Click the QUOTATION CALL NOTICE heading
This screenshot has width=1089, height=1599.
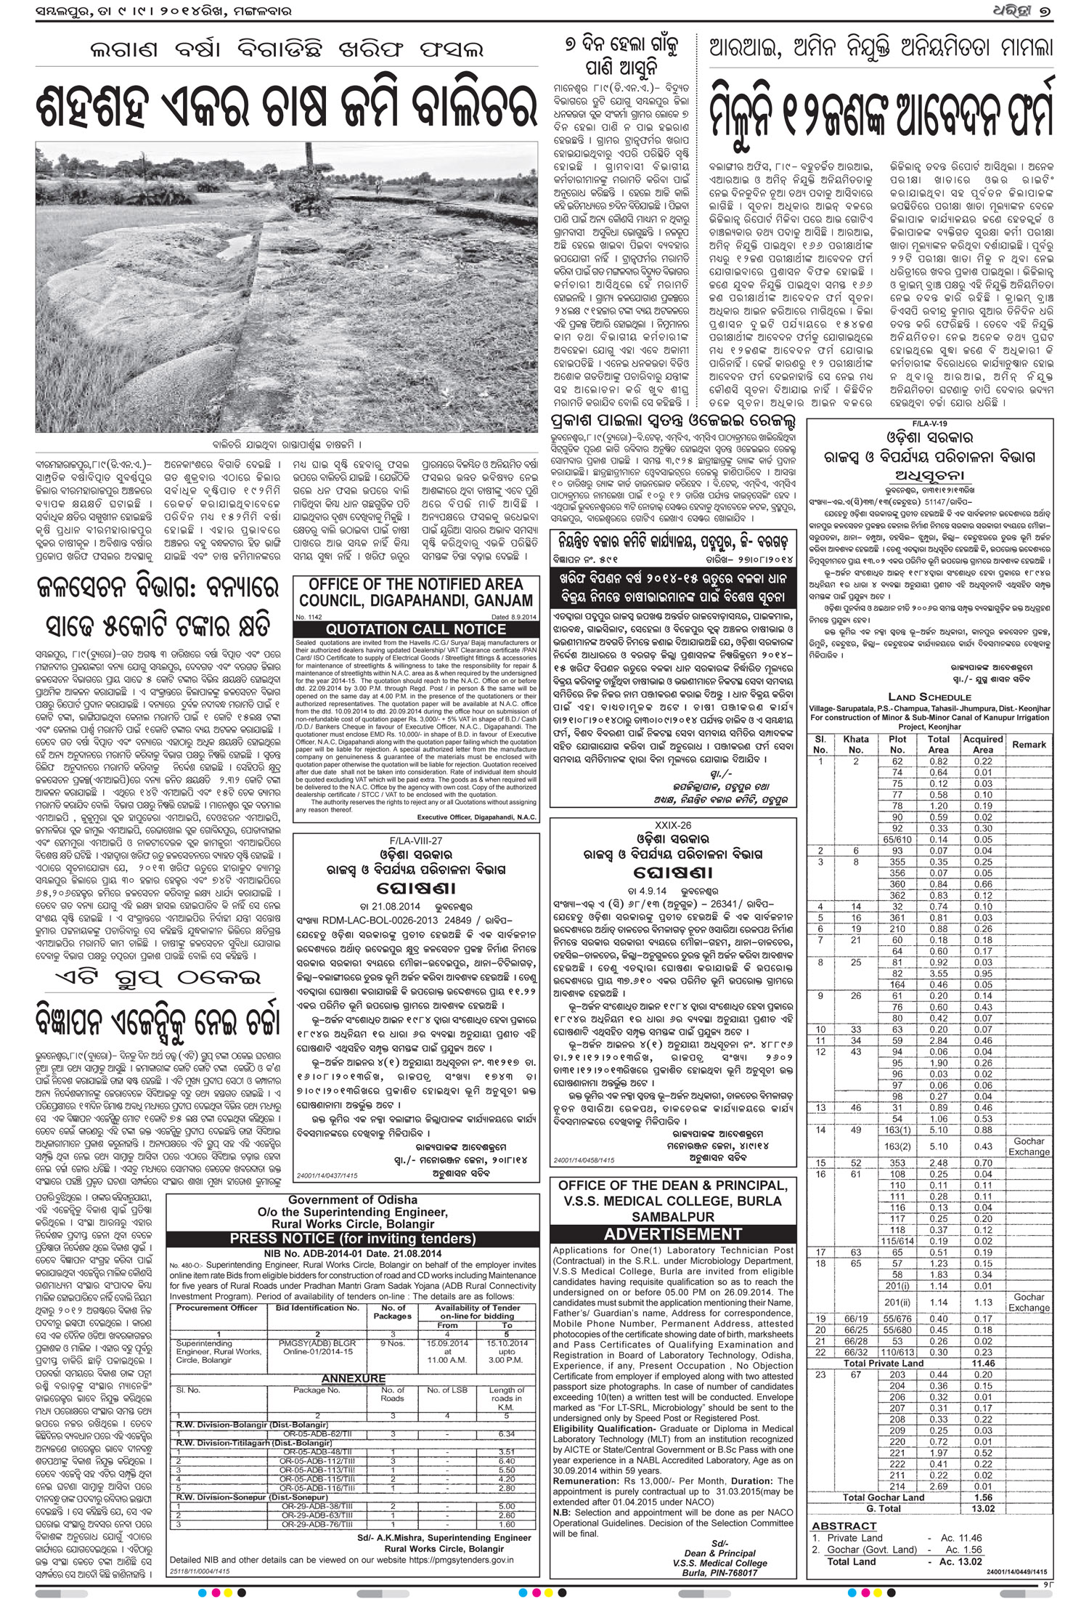pyautogui.click(x=416, y=629)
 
